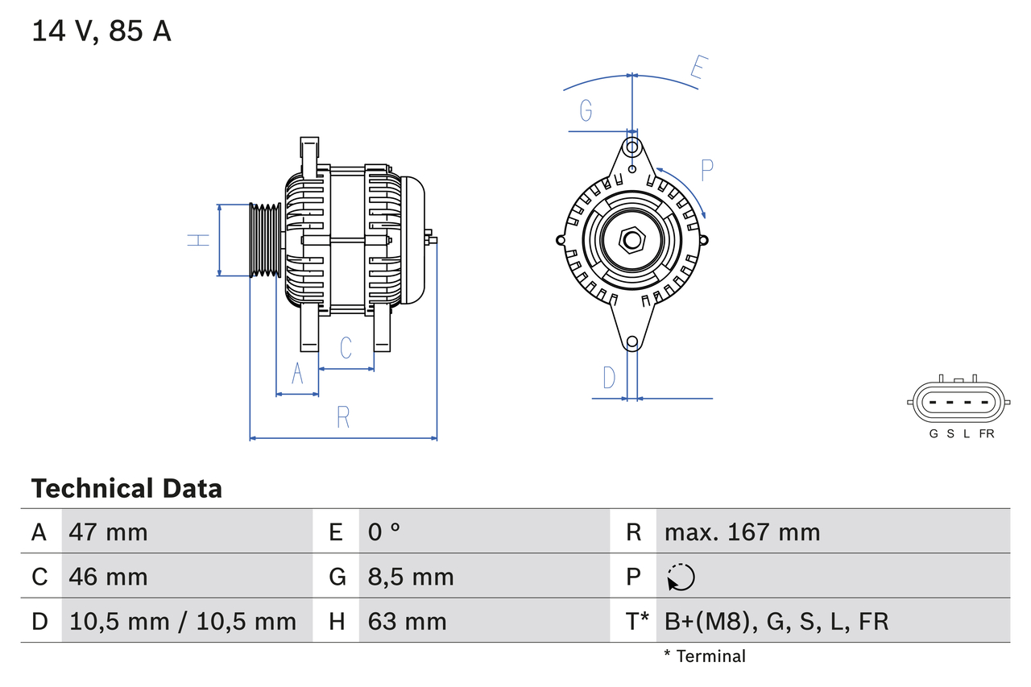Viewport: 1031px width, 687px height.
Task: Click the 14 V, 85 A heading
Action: (x=101, y=31)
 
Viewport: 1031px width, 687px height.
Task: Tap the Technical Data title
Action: (x=126, y=488)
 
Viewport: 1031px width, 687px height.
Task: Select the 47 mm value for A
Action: (x=109, y=532)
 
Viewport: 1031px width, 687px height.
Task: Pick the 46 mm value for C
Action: (x=109, y=577)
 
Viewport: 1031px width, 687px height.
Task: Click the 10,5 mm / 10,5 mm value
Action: (x=183, y=621)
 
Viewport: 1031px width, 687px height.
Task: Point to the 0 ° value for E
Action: (x=384, y=532)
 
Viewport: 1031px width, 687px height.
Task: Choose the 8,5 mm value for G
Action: (x=411, y=577)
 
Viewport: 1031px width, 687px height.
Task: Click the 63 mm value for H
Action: (x=407, y=621)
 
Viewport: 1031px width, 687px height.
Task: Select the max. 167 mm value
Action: (x=742, y=532)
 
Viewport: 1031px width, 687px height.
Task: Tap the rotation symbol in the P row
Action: (x=681, y=577)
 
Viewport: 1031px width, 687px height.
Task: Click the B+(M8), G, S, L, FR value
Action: (x=776, y=621)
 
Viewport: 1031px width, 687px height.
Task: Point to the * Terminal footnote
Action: (x=705, y=656)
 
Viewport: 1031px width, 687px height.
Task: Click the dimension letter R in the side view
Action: (x=343, y=417)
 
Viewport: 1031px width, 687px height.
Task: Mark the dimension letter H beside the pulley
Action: (x=198, y=239)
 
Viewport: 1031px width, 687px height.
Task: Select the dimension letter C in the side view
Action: (x=346, y=348)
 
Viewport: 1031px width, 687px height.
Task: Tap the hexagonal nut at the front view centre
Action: (x=632, y=239)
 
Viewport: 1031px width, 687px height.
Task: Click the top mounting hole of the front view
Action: (x=632, y=147)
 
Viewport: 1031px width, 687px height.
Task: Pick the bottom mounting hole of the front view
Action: (x=632, y=342)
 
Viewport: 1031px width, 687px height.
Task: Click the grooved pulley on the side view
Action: (x=264, y=240)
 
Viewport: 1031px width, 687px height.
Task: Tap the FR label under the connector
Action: (x=987, y=433)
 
